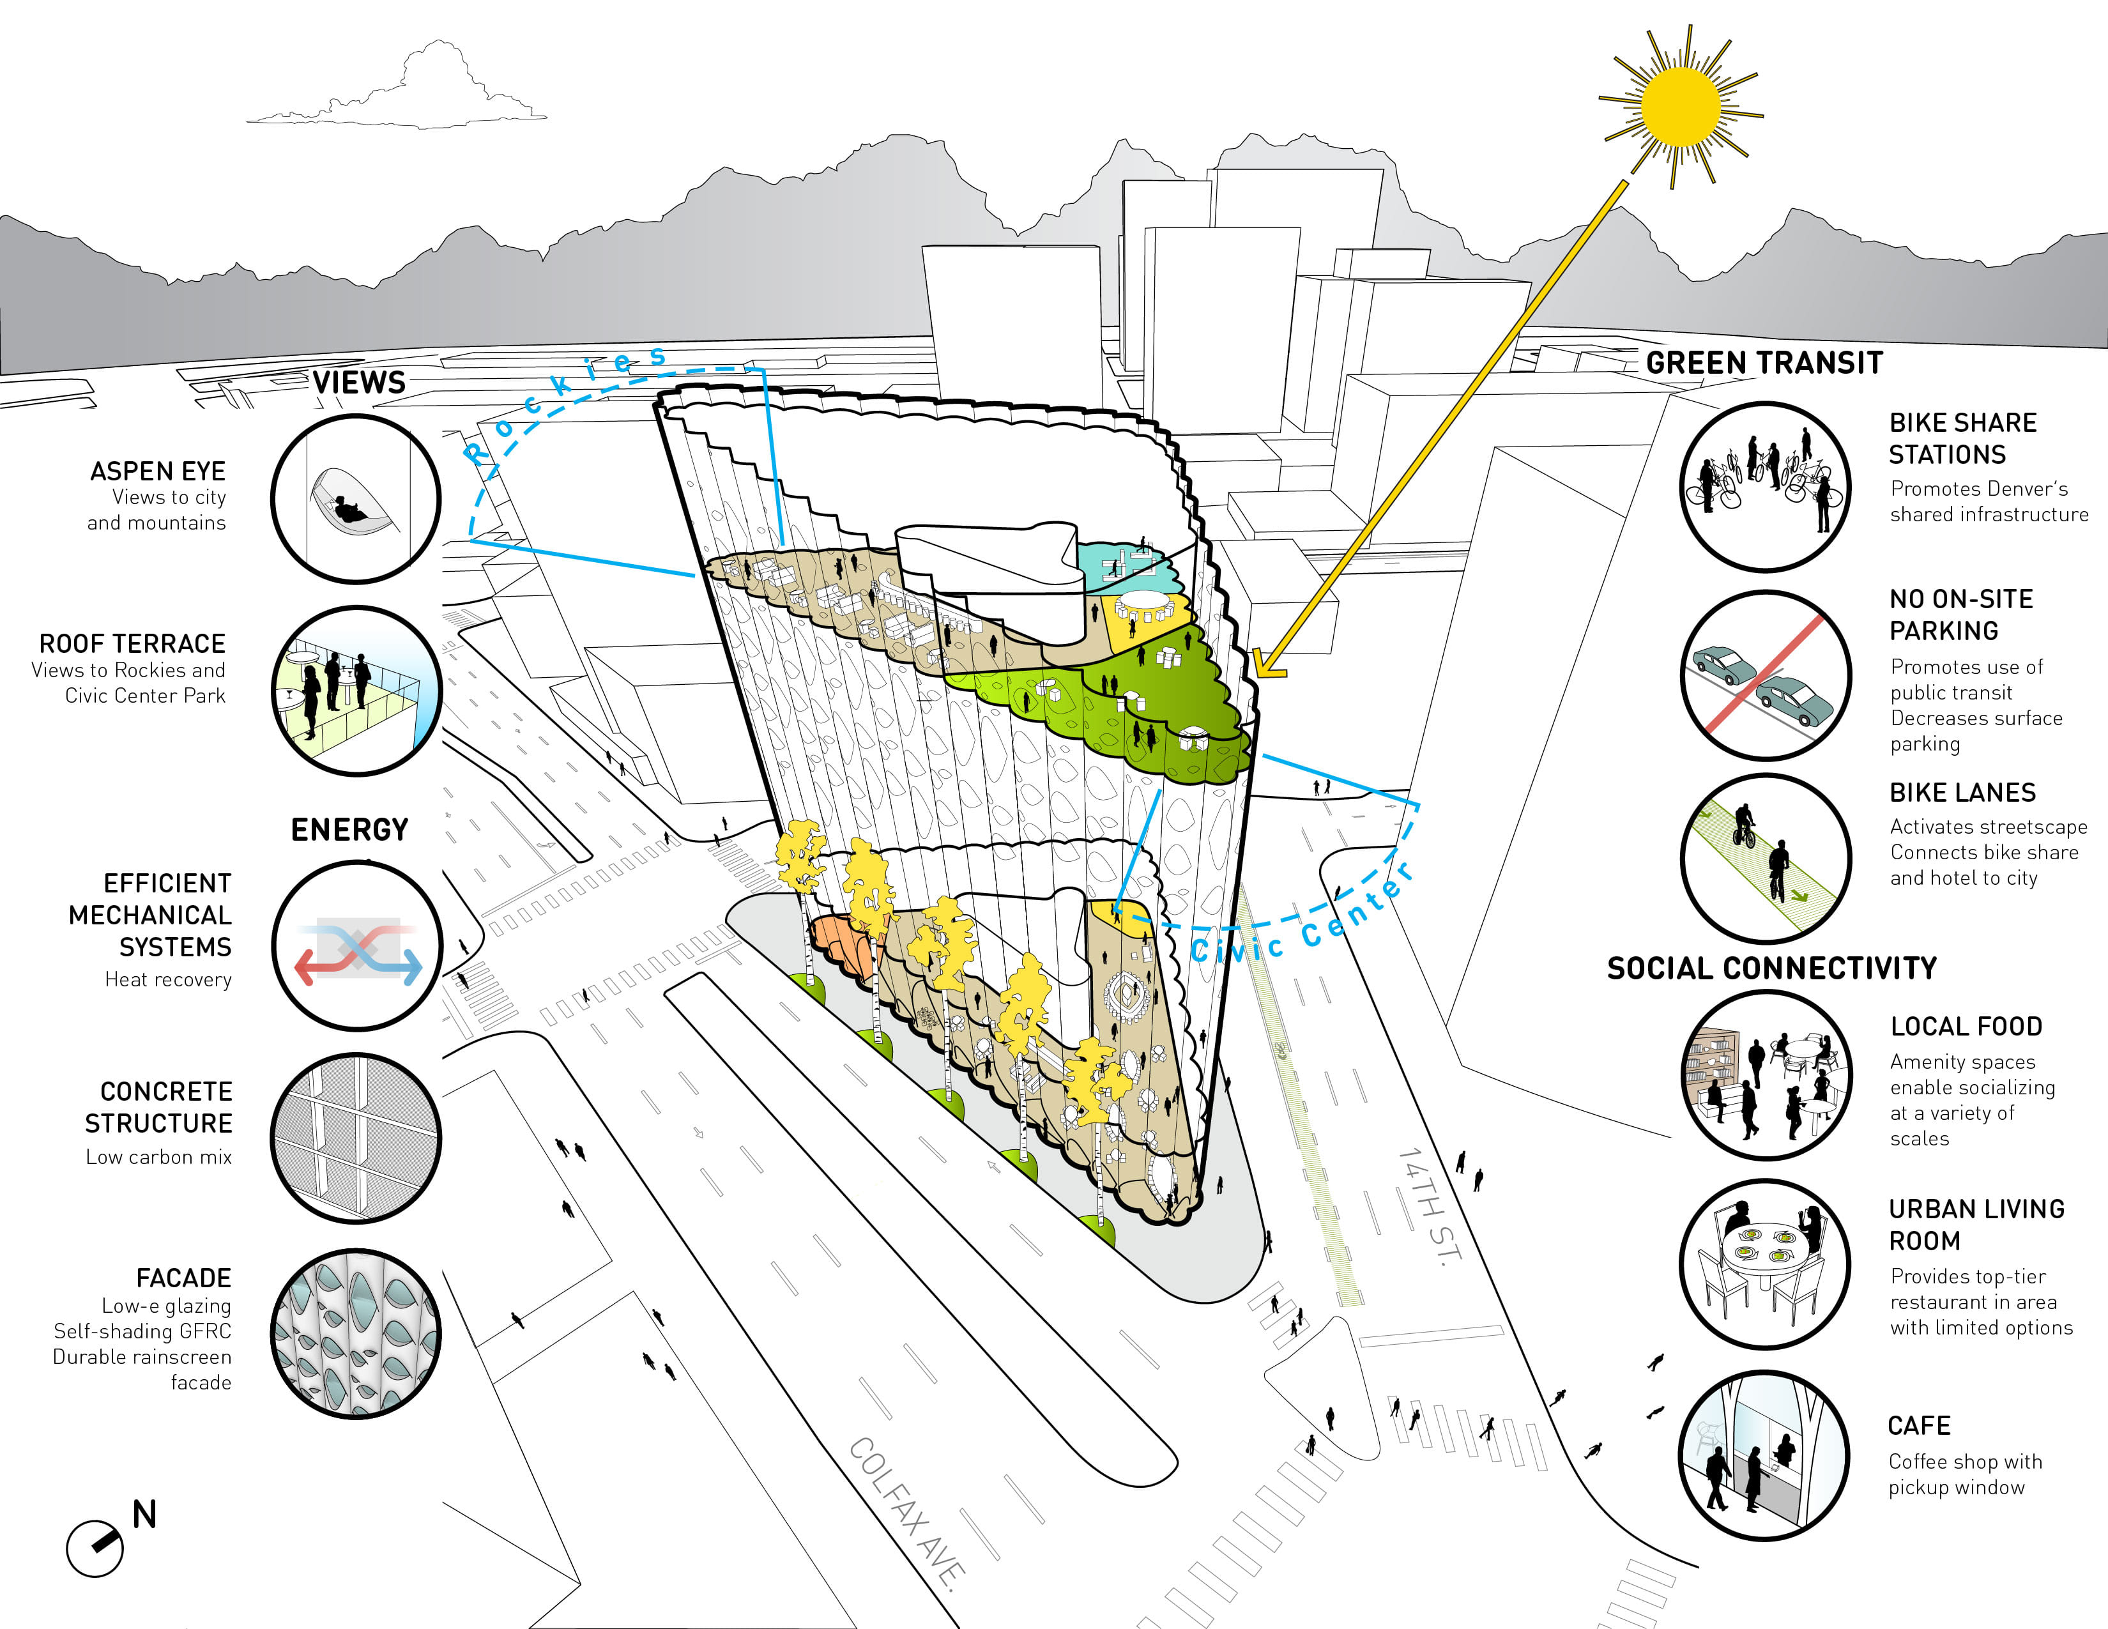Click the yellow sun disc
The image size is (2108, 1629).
coord(1681,106)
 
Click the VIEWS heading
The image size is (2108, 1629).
coord(359,382)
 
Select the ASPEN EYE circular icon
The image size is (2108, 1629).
coord(356,499)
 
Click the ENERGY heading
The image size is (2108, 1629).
coord(349,829)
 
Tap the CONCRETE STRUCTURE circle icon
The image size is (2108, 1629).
coord(356,1139)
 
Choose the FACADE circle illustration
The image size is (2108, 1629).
coord(356,1334)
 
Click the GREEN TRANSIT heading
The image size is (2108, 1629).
coord(1764,363)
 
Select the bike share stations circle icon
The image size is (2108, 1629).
coord(1766,486)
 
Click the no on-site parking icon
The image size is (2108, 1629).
coord(1766,675)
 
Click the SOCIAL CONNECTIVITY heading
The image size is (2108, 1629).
coord(1772,968)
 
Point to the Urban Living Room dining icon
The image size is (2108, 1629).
coord(1766,1264)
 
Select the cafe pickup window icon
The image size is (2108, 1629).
coord(1766,1455)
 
